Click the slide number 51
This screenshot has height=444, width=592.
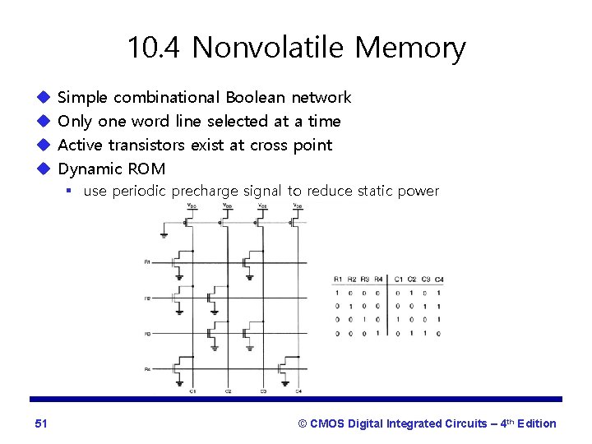coord(41,423)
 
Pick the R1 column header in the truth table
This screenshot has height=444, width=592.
coord(338,278)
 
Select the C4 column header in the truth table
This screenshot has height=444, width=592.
coord(439,278)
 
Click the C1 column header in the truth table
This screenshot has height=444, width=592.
coord(399,278)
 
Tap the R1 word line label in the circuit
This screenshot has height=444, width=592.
coord(146,262)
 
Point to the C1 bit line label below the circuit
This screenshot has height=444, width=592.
coord(192,391)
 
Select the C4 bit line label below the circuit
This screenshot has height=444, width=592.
coord(298,391)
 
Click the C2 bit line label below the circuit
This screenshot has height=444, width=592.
coord(227,391)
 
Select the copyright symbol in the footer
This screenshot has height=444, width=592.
coord(303,423)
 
